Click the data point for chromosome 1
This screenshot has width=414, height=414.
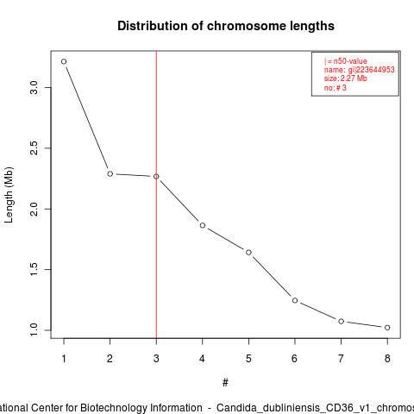(x=64, y=61)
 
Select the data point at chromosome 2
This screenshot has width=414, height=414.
(x=110, y=173)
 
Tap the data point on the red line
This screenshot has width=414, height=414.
(x=156, y=177)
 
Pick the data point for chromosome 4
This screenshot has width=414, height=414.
(x=203, y=225)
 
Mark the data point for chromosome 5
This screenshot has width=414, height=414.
(x=248, y=253)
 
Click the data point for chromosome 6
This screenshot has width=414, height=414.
(x=295, y=300)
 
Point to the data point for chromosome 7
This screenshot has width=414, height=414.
(x=341, y=321)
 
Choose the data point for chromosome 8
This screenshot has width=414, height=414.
(x=387, y=328)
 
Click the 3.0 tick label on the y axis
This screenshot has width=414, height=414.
(x=34, y=87)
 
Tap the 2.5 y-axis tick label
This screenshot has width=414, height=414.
(x=34, y=148)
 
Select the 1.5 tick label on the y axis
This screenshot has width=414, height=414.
(x=34, y=269)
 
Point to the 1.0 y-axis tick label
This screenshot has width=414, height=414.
(x=34, y=330)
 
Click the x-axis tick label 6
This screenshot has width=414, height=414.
(x=294, y=359)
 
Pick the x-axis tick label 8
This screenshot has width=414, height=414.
(x=387, y=359)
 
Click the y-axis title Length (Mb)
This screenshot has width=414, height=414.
(x=9, y=195)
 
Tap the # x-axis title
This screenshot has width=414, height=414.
(x=225, y=383)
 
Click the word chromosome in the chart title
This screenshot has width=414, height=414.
(x=247, y=26)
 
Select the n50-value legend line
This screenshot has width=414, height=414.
(x=346, y=61)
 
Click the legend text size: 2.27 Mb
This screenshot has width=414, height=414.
(x=346, y=78)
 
